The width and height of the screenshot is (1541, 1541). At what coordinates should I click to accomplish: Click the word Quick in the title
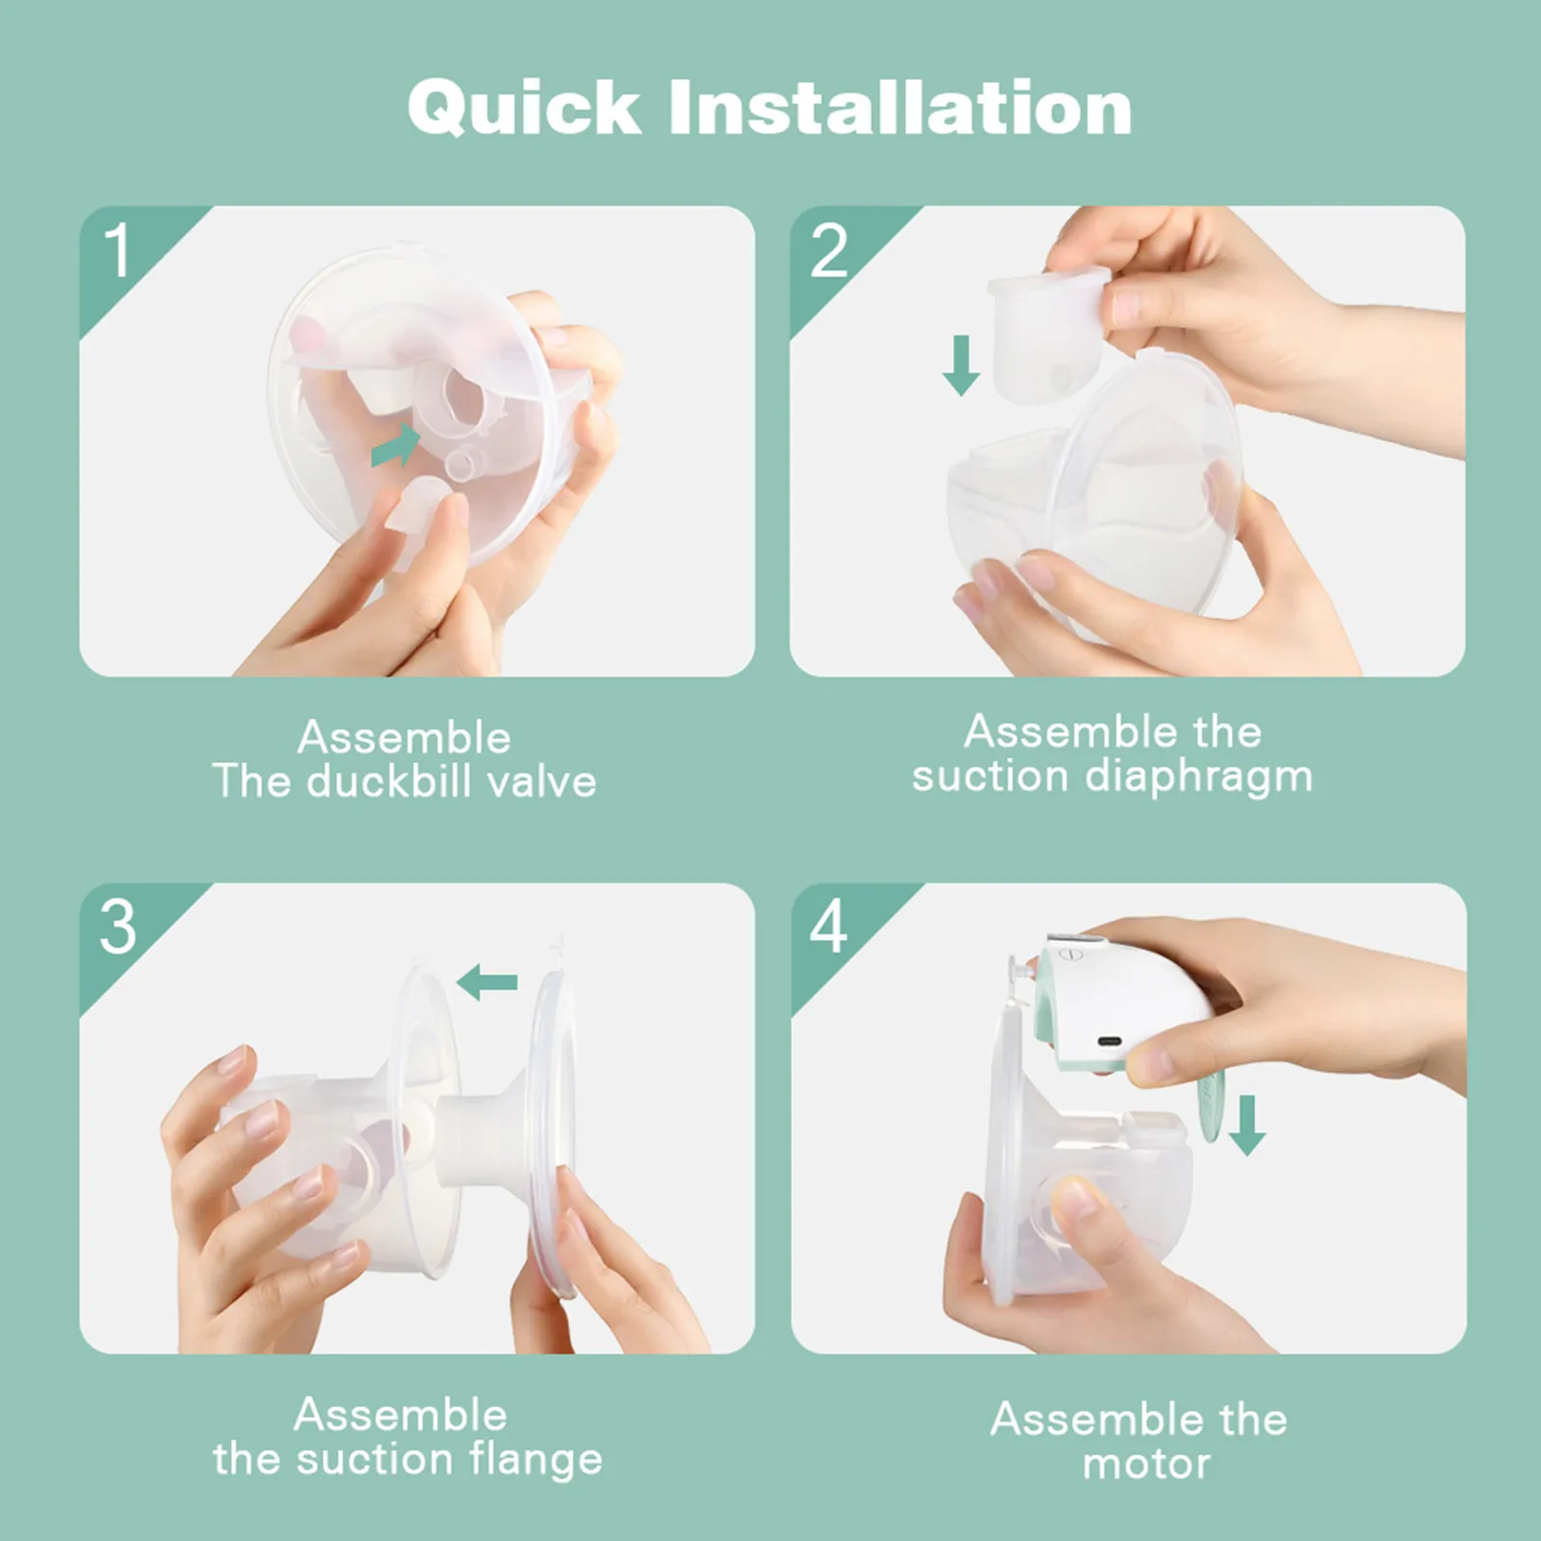coord(524,107)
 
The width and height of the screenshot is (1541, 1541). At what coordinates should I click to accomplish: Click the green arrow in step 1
coord(396,445)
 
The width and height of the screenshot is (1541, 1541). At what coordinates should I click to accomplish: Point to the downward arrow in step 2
coord(960,364)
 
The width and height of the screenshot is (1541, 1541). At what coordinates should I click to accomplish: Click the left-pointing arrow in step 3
coord(487,983)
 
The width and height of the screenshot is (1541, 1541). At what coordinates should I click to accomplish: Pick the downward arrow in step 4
coord(1247,1124)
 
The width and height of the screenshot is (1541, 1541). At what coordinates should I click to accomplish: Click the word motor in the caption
coord(1146,1464)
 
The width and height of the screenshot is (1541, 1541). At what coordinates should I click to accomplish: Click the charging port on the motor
coord(1109,1041)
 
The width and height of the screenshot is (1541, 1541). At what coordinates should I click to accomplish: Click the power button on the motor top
coord(1066,953)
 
